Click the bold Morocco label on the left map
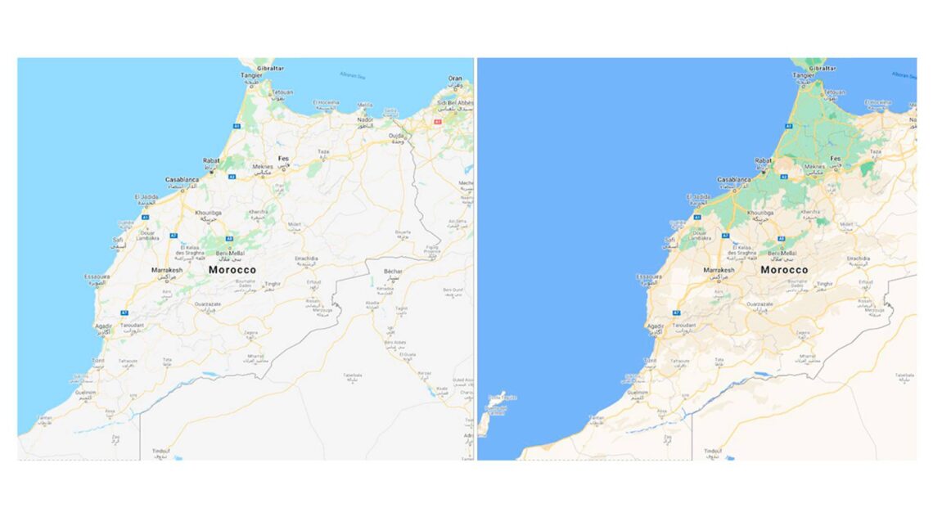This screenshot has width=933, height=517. pos(232,269)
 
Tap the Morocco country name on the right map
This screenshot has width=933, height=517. pos(784,269)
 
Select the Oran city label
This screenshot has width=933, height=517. pos(455,79)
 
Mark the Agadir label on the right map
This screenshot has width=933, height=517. pos(656,326)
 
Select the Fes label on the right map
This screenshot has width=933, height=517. pos(836,158)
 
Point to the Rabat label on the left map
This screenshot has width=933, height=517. pos(212,160)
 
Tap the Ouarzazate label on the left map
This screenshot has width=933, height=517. pos(208,303)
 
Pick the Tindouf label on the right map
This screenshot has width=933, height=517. pos(713,451)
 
